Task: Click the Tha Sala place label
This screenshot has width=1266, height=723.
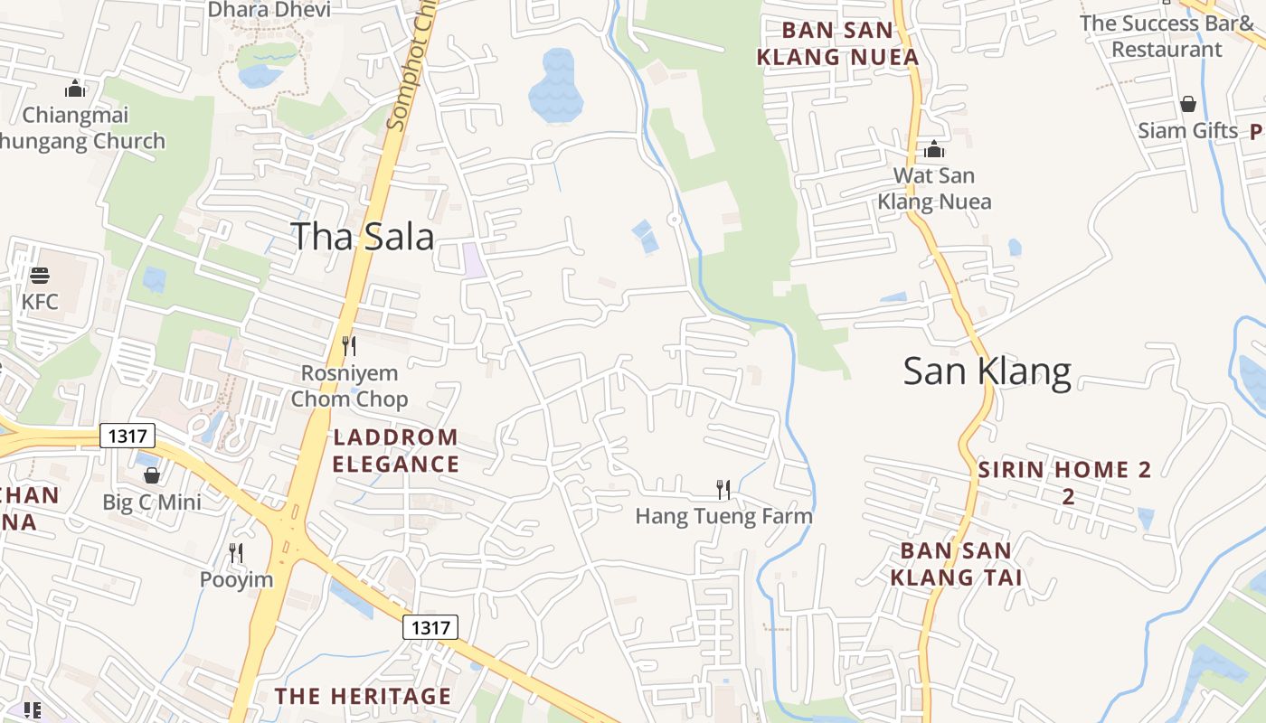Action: pyautogui.click(x=362, y=237)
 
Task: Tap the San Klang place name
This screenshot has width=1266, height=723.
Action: pyautogui.click(x=987, y=371)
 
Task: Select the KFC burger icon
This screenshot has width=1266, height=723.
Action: pyautogui.click(x=40, y=275)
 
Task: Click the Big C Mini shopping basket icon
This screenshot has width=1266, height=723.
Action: pyautogui.click(x=152, y=475)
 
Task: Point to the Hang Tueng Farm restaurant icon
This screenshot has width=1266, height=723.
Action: pyautogui.click(x=723, y=490)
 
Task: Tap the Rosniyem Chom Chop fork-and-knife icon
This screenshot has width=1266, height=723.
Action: pyautogui.click(x=349, y=345)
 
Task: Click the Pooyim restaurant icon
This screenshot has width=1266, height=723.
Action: pyautogui.click(x=236, y=552)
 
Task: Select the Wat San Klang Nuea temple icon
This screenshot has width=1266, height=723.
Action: pyautogui.click(x=934, y=149)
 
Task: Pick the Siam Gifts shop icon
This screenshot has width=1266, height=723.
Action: pyautogui.click(x=1188, y=104)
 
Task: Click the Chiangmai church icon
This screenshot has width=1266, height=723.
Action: pyautogui.click(x=75, y=89)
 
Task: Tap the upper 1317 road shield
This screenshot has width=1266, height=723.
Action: pyautogui.click(x=128, y=437)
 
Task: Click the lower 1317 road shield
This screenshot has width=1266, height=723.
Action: pyautogui.click(x=430, y=627)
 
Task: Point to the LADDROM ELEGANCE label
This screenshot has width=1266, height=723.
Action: pyautogui.click(x=396, y=451)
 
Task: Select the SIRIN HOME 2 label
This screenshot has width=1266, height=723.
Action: pyautogui.click(x=1065, y=470)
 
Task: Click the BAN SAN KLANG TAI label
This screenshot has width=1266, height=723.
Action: pyautogui.click(x=956, y=564)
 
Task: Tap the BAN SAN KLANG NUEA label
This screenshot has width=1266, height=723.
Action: pyautogui.click(x=837, y=43)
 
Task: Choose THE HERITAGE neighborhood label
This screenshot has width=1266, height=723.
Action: pyautogui.click(x=363, y=696)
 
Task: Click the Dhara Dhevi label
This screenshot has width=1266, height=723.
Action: pyautogui.click(x=269, y=10)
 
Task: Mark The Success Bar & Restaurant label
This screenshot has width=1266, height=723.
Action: pyautogui.click(x=1167, y=36)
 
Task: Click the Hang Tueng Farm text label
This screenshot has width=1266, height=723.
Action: pyautogui.click(x=723, y=517)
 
